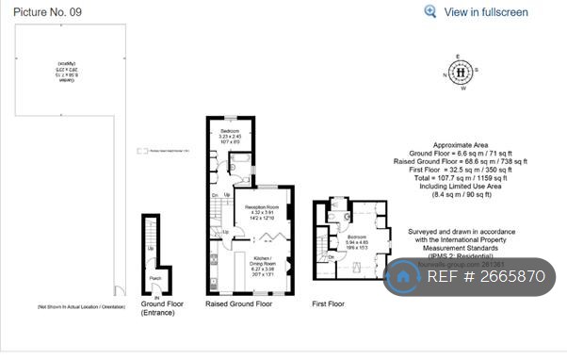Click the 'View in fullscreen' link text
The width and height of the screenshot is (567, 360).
coord(486,12)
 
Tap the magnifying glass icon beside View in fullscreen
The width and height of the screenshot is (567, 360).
coord(430,12)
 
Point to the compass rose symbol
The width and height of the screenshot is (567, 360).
coord(461,72)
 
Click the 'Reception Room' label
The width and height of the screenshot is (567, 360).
coord(261,206)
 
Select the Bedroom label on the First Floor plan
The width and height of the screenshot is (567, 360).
coord(356,237)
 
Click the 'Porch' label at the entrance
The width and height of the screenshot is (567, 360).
coord(155,278)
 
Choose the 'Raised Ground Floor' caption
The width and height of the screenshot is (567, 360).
coord(238,304)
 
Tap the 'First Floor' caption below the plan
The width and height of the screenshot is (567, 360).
coord(328,304)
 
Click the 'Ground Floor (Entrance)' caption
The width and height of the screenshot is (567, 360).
coord(162,309)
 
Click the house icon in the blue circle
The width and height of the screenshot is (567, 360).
coord(406,277)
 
